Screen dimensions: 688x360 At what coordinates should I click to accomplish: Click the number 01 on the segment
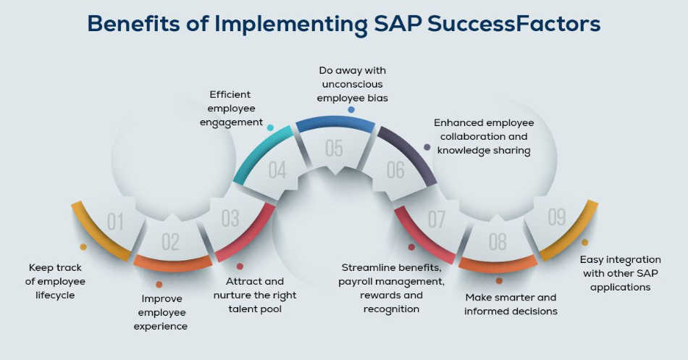click(x=115, y=222)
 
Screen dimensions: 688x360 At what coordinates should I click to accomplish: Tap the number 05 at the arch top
click(x=334, y=148)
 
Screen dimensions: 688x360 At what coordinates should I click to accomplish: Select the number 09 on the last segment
click(x=557, y=217)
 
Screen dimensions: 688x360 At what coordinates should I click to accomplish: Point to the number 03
click(x=230, y=218)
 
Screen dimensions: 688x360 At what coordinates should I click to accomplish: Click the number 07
click(x=437, y=219)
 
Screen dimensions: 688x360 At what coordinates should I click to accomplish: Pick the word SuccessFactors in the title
click(x=513, y=23)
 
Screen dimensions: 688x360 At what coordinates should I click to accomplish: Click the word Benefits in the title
click(x=133, y=23)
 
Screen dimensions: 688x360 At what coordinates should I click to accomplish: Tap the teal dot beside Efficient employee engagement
click(x=270, y=127)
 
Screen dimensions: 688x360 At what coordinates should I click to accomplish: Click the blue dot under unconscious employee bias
click(x=351, y=110)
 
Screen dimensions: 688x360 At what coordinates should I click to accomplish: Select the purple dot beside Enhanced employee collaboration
click(x=427, y=148)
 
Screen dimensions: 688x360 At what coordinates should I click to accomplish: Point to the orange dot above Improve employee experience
click(x=159, y=285)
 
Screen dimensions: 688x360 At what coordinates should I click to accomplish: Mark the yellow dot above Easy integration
click(x=585, y=243)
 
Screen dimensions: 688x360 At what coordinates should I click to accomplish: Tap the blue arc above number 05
click(x=335, y=122)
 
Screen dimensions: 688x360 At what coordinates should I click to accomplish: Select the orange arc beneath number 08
click(x=498, y=264)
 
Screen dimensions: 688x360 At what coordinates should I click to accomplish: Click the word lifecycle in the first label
click(x=55, y=295)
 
